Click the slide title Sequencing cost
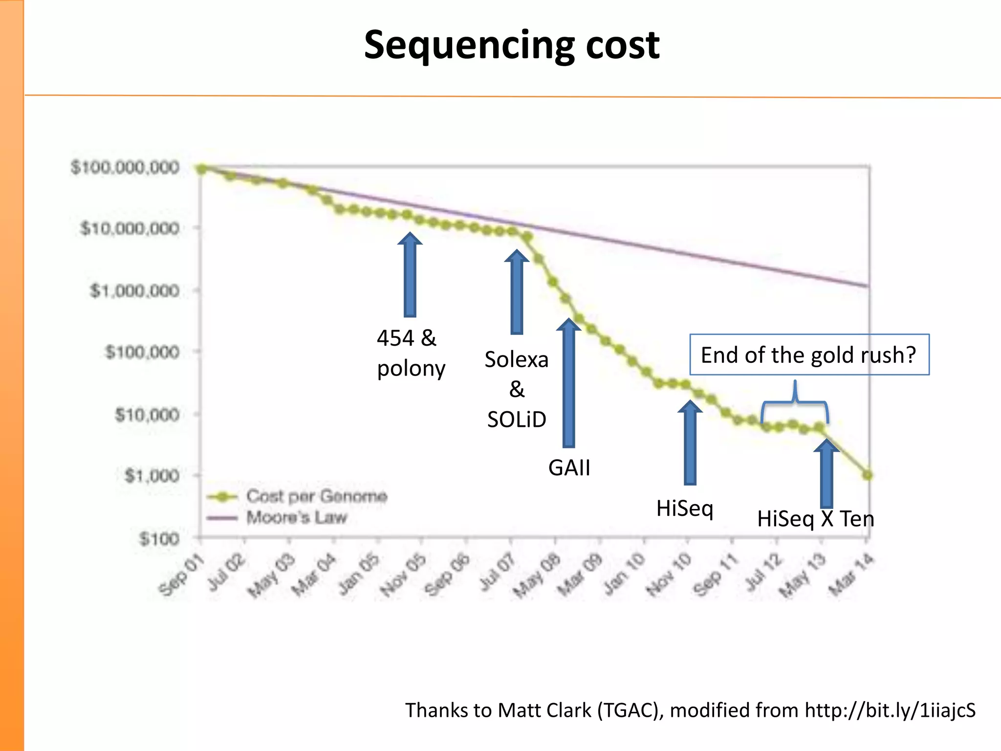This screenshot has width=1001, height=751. [512, 45]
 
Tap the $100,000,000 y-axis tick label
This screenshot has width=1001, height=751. [125, 168]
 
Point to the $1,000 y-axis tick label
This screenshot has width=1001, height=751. [152, 476]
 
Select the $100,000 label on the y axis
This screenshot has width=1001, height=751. [142, 352]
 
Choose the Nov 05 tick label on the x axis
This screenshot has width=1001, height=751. [403, 575]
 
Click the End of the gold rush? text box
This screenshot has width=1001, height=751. [809, 355]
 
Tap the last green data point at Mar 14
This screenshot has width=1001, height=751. [868, 475]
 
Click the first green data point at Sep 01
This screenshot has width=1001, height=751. [201, 169]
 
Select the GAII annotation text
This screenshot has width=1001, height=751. [569, 468]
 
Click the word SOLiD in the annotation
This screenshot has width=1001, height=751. [517, 420]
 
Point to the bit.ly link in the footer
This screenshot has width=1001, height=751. [890, 710]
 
